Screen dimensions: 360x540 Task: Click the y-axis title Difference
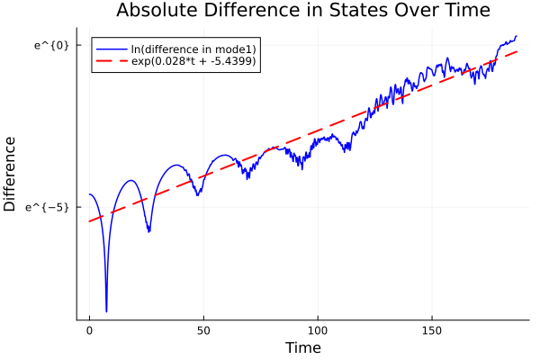(10, 174)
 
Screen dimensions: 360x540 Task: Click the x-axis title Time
(302, 347)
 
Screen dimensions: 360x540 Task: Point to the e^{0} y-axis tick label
(51, 45)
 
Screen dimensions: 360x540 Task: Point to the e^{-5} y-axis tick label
(48, 207)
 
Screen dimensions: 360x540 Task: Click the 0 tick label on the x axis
(89, 330)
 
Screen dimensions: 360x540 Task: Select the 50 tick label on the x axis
(203, 330)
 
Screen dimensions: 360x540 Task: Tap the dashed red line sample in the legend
(111, 62)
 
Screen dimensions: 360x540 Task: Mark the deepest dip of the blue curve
(106, 311)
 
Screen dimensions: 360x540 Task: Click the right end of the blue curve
(517, 36)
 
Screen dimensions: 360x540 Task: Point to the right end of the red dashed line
(517, 51)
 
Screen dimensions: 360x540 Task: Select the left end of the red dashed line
(89, 221)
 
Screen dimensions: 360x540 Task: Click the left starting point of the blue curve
(89, 194)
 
